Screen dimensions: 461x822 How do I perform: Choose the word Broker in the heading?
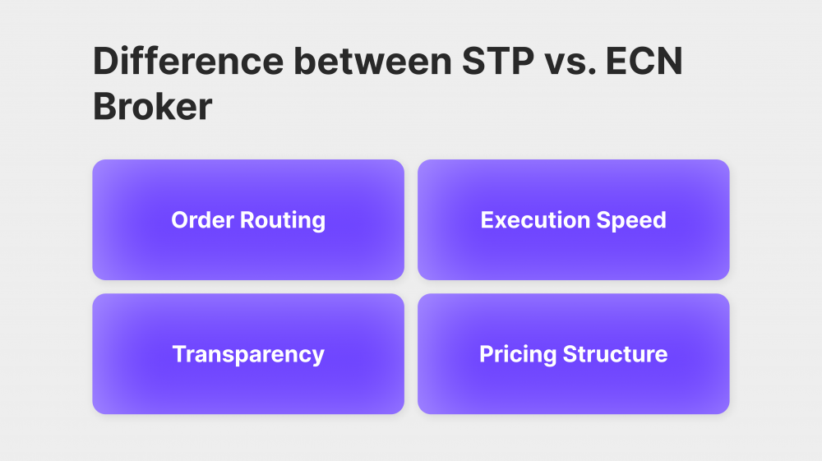tap(153, 106)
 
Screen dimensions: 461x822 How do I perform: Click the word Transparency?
tap(248, 354)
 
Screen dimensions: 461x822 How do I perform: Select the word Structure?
tap(616, 354)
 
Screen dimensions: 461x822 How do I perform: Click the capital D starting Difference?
tap(105, 62)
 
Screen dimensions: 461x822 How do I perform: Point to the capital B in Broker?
tap(104, 106)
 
